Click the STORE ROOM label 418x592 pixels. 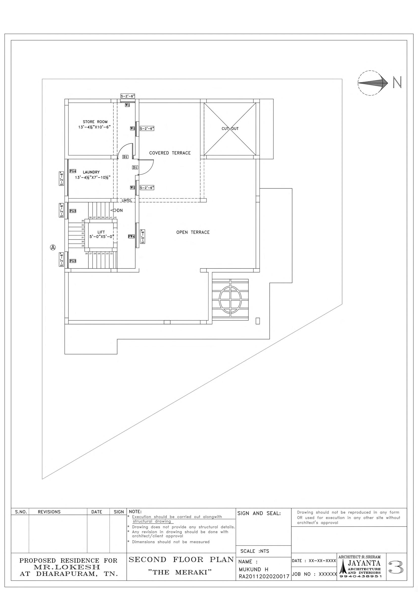point(95,122)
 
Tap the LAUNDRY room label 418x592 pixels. point(91,172)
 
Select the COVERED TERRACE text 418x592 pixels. point(170,153)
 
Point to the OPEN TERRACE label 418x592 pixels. point(193,232)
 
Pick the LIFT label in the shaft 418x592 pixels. point(101,232)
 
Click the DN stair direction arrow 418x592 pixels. point(113,210)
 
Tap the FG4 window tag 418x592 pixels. point(73,171)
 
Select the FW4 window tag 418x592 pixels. point(131,236)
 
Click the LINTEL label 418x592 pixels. point(127,200)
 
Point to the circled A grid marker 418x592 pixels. point(53,248)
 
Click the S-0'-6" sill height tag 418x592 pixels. point(143,236)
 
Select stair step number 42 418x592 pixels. point(115,217)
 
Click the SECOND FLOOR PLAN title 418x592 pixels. point(181,559)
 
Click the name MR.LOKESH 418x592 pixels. point(67,567)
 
